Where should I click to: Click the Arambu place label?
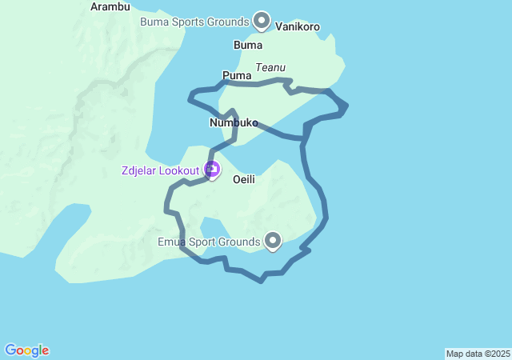[x=110, y=6]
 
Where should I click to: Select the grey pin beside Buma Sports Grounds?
[x=261, y=20]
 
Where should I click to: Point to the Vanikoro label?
[x=298, y=26]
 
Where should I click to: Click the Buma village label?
[x=248, y=45]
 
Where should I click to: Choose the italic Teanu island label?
[x=270, y=68]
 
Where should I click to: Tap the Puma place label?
[x=237, y=76]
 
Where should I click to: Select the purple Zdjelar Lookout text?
[x=160, y=170]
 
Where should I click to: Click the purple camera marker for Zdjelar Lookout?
[x=212, y=169]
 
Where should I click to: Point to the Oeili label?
[x=244, y=180]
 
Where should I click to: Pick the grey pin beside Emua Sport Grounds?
[x=273, y=239]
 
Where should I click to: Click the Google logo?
[x=27, y=350]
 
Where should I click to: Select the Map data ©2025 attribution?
[x=478, y=354]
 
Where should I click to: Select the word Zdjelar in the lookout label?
[x=138, y=170]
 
